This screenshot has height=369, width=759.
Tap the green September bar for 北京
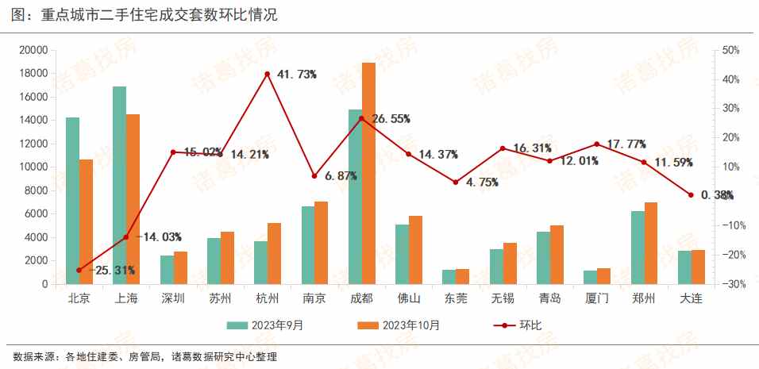[72, 200]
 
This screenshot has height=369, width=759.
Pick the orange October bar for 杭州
[274, 253]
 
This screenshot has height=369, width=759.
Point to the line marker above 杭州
[268, 74]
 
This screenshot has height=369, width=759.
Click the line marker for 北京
[79, 270]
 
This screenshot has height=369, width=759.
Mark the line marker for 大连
[691, 195]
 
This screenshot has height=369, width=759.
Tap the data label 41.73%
[297, 75]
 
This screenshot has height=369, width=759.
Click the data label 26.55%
[390, 119]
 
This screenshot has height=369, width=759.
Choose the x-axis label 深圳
[173, 299]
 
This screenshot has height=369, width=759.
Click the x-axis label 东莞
[456, 299]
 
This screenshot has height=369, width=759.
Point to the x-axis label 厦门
[597, 299]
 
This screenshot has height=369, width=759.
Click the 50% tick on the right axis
[731, 50]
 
